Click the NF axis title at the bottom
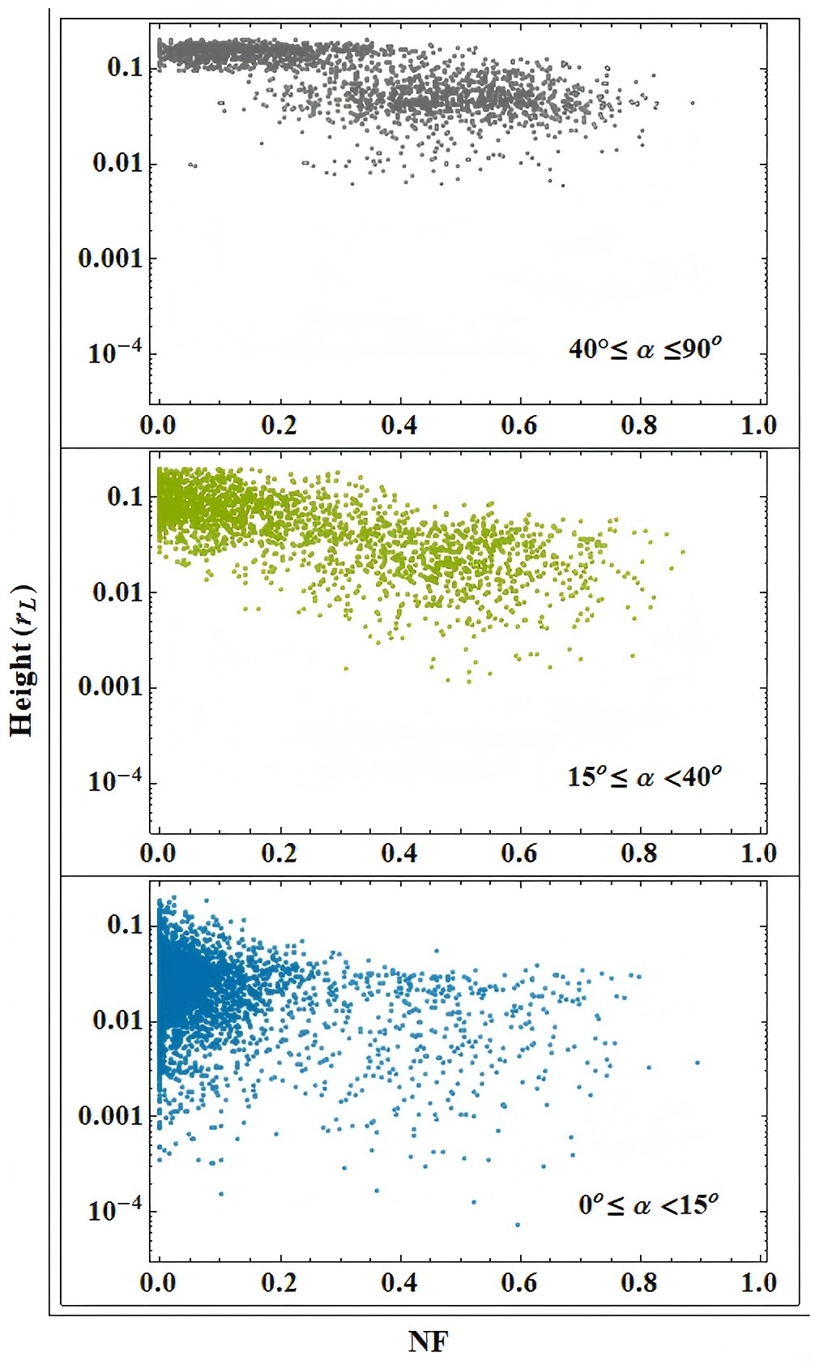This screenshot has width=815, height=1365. pos(428,1341)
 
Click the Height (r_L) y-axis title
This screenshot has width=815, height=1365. pos(23,660)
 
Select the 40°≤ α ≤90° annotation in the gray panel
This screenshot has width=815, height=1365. pos(645,349)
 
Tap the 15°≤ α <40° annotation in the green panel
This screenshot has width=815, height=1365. pos(644,777)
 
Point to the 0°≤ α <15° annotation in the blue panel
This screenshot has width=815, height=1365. pos(648,1205)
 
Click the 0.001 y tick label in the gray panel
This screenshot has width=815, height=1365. pos(110,259)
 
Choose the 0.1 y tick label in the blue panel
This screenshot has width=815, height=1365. pos(124,925)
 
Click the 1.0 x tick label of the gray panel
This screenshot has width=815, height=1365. pos(758,425)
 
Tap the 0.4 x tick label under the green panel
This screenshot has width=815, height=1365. pos(399,853)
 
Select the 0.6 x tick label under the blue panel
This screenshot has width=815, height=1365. pos(518,1282)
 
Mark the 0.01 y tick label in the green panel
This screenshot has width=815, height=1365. pos(117,592)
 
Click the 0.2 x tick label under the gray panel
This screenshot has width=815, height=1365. pos(279,425)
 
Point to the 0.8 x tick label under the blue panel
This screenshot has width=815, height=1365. pos(638,1282)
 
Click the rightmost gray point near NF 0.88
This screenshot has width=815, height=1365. pos(693,103)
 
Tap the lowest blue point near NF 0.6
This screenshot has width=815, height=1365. pos(518,1224)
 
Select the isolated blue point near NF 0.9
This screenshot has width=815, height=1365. pos(697,1062)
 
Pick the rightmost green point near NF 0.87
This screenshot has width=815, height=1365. pos(682,552)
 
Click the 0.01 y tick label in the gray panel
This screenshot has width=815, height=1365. pos(117,163)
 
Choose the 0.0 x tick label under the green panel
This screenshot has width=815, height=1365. pos(158,853)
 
